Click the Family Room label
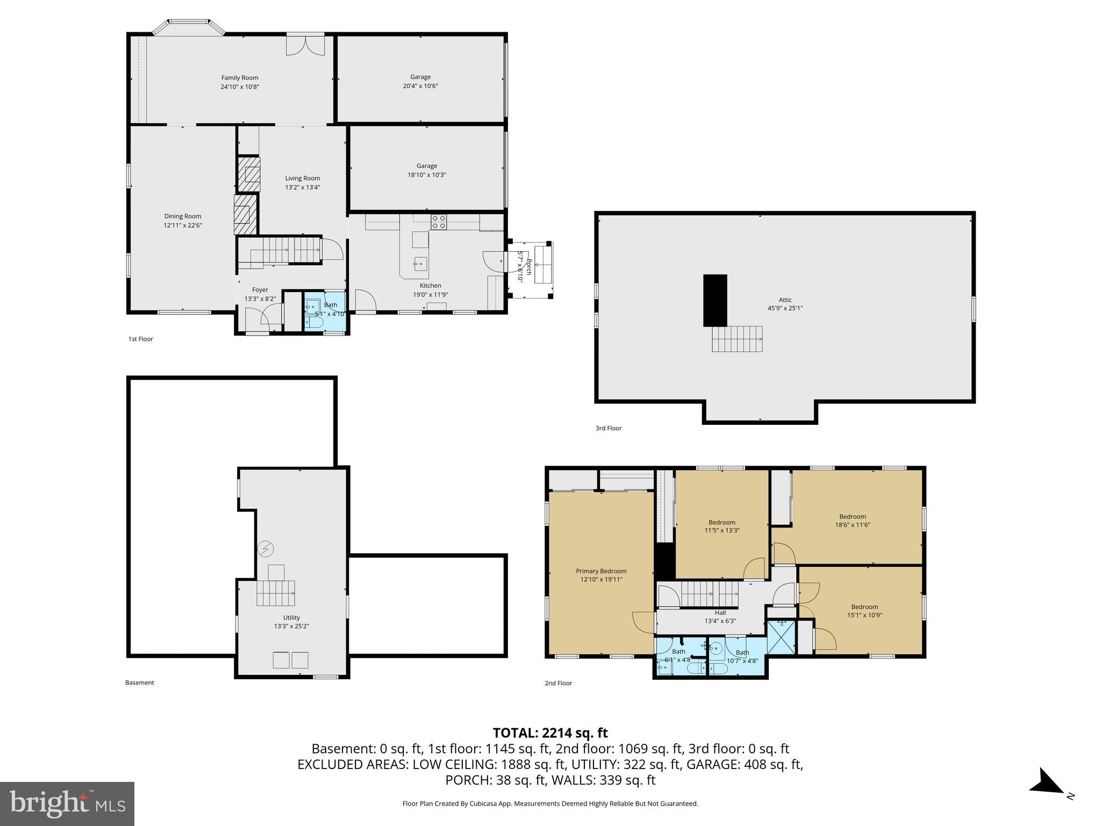click(x=240, y=77)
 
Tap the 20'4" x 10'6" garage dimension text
click(x=420, y=86)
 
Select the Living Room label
click(x=302, y=178)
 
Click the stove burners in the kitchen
click(x=439, y=222)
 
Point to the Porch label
click(x=528, y=267)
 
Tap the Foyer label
click(x=260, y=290)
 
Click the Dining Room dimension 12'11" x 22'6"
click(x=183, y=225)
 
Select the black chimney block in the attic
click(x=715, y=300)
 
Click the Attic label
click(x=785, y=300)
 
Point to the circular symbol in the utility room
click(x=265, y=549)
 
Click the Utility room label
click(x=291, y=617)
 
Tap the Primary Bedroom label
click(x=601, y=571)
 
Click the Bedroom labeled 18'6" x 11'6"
click(x=852, y=520)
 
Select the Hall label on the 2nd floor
click(x=720, y=613)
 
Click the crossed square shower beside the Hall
click(x=782, y=637)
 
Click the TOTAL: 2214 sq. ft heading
click(x=550, y=732)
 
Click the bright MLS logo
click(x=67, y=803)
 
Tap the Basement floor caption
click(x=140, y=682)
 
